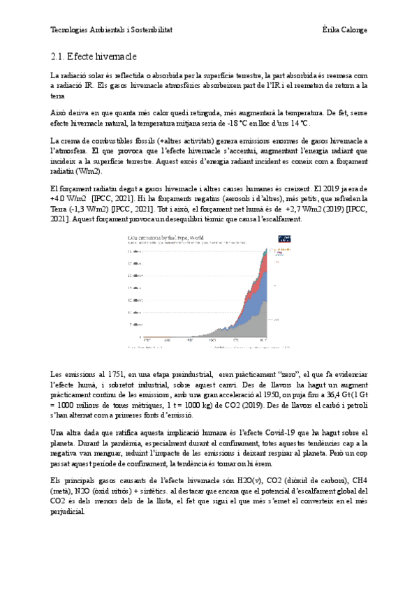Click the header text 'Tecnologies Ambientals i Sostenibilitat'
pos(112,30)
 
